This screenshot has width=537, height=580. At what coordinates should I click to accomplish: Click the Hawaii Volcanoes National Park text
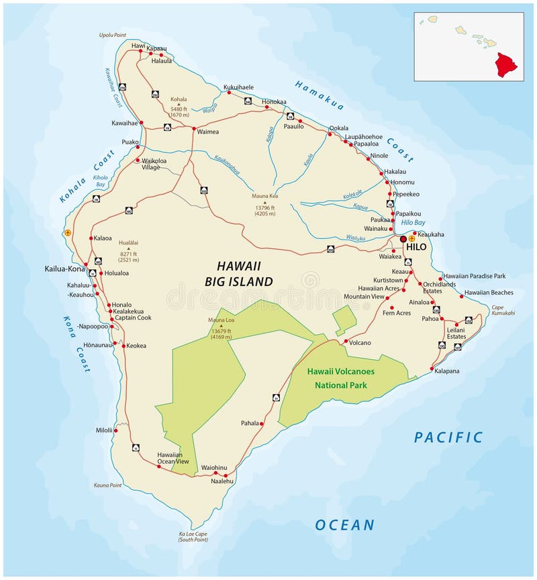tap(340, 378)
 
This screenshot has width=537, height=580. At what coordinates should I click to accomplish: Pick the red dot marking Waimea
tap(194, 128)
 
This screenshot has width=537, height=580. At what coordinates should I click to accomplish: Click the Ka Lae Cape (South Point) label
tap(193, 536)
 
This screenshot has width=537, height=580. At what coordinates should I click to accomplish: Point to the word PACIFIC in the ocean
tap(448, 438)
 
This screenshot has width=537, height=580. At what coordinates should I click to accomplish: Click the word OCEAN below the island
tap(344, 525)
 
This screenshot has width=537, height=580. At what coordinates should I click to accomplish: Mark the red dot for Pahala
tap(262, 424)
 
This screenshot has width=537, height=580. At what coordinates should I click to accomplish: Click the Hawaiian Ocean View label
tap(170, 458)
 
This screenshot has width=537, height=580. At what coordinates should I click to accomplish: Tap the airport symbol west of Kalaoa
tap(66, 232)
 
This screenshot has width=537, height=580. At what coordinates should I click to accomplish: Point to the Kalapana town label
tap(446, 370)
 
